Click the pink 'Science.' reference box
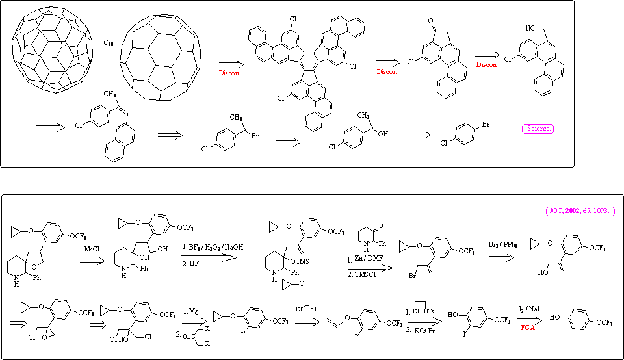(x=538, y=129)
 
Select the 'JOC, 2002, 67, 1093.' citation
(x=578, y=212)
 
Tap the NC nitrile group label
(x=531, y=28)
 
